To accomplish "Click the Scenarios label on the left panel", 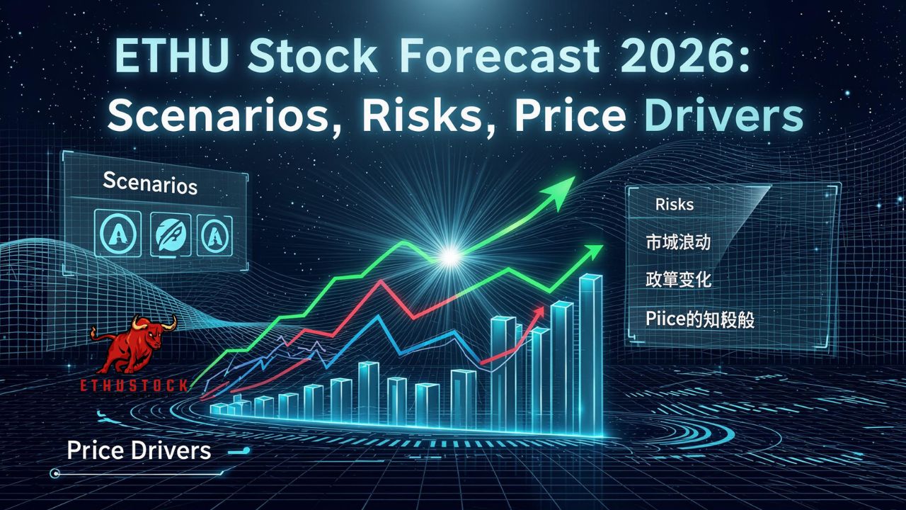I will click(149, 183).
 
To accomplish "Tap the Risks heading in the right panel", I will click(674, 205).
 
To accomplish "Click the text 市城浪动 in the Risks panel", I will click(678, 242).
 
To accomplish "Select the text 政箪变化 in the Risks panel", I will click(678, 280).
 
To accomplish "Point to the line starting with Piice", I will click(699, 319).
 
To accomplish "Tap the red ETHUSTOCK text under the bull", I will click(134, 385).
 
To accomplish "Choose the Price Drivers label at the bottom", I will click(139, 450).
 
